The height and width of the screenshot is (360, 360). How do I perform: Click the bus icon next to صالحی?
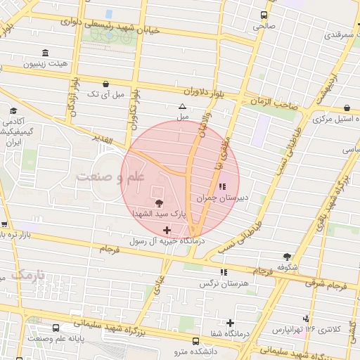(x=264, y=15)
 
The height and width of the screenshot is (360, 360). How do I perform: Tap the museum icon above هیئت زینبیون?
(x=46, y=53)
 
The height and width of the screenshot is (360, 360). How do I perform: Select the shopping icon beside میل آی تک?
(x=105, y=83)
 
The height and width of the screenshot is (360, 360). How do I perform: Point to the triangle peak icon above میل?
(x=183, y=106)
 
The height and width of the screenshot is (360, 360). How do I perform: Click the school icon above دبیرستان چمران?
(x=223, y=186)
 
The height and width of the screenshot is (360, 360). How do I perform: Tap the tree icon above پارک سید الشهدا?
(x=157, y=203)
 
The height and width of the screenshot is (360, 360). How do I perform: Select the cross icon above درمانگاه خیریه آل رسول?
(x=167, y=230)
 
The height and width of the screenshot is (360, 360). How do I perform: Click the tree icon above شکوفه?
(x=286, y=257)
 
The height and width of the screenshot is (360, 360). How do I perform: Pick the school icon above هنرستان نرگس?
(x=224, y=272)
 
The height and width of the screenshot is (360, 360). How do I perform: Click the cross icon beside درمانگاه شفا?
(x=230, y=323)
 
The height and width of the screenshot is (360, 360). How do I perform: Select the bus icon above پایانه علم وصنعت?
(x=56, y=328)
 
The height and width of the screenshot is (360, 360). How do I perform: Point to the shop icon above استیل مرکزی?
(x=349, y=108)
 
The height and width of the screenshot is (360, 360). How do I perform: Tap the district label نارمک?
(x=28, y=274)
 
